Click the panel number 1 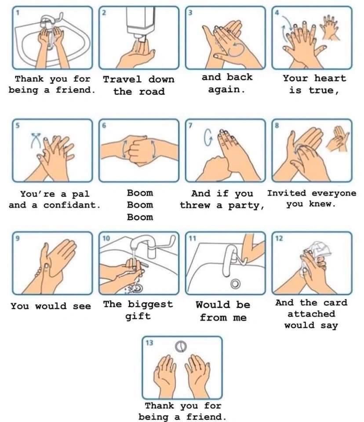pyautogui.click(x=18, y=12)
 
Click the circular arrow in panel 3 pyautogui.click(x=237, y=49)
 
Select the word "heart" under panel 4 pyautogui.click(x=330, y=78)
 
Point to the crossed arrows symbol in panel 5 pyautogui.click(x=36, y=140)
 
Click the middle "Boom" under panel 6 pyautogui.click(x=140, y=205)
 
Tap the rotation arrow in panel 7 pyautogui.click(x=207, y=138)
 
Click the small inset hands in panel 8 pyautogui.click(x=338, y=139)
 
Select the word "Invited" pyautogui.click(x=287, y=193)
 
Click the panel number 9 pyautogui.click(x=18, y=238)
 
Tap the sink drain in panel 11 pyautogui.click(x=236, y=284)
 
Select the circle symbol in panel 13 pyautogui.click(x=181, y=347)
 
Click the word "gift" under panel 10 pyautogui.click(x=138, y=316)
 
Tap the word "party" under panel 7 pyautogui.click(x=246, y=206)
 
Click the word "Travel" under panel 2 pyautogui.click(x=122, y=80)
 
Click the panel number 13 pyautogui.click(x=149, y=342)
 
